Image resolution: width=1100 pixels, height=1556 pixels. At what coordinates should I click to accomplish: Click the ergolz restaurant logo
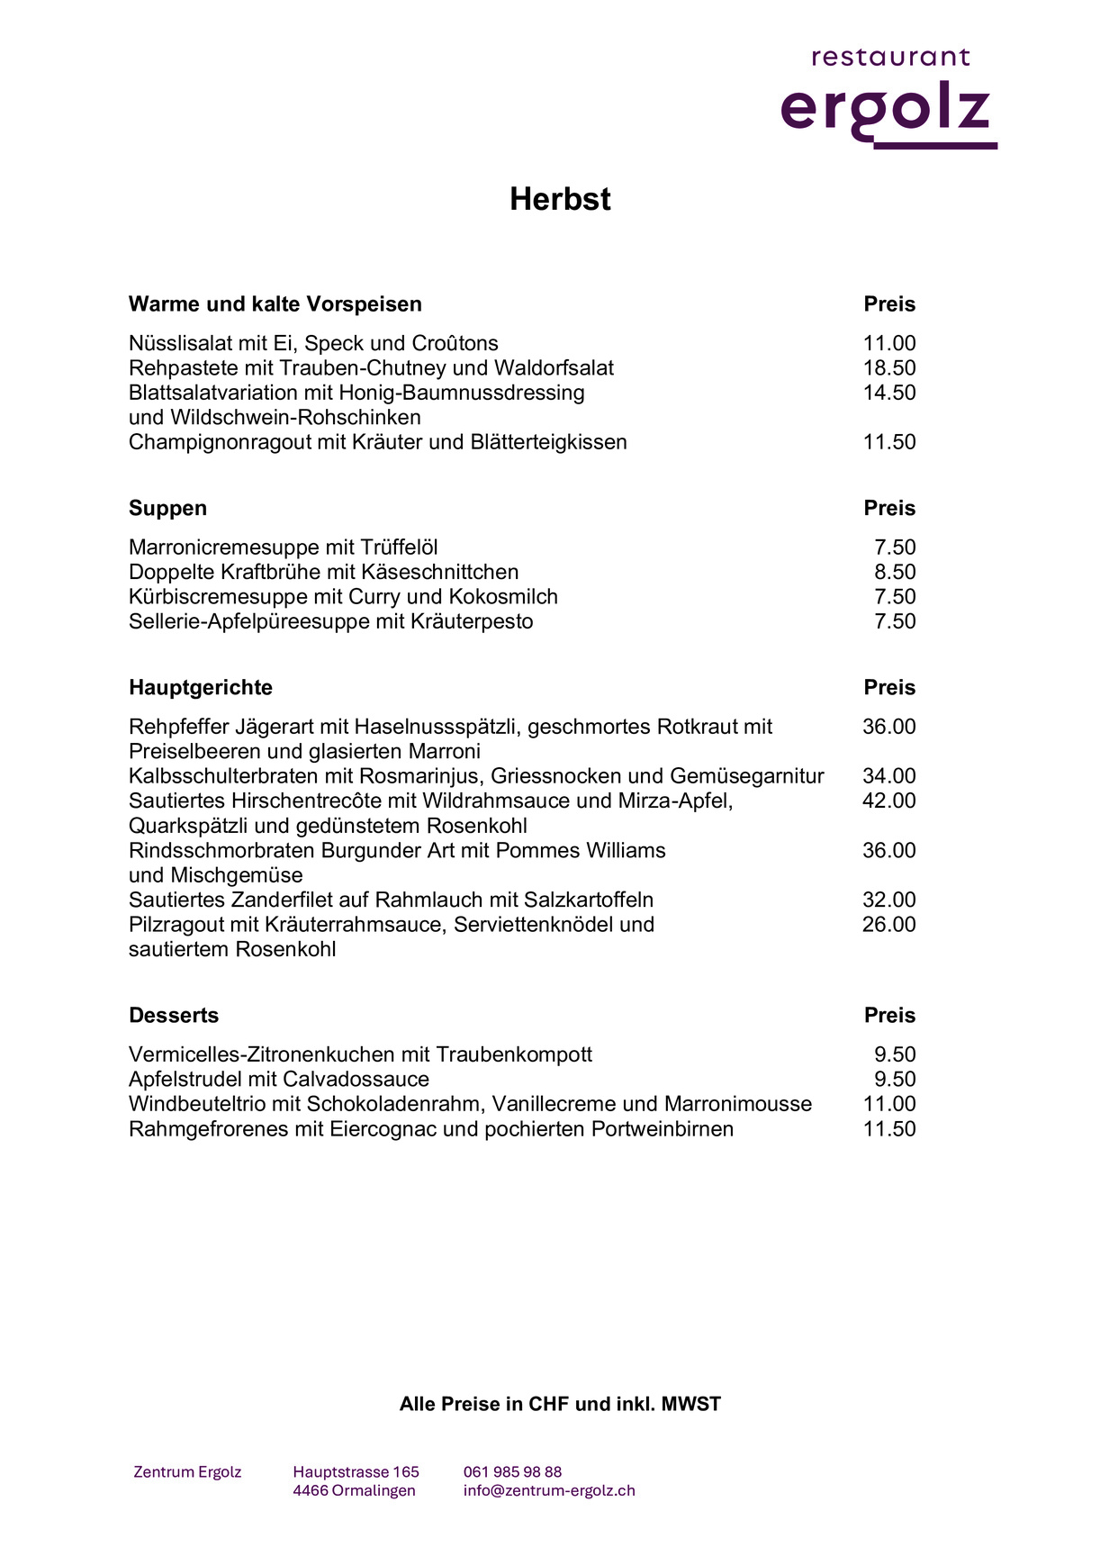point(888,99)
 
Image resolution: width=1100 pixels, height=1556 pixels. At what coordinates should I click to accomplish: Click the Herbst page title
point(560,199)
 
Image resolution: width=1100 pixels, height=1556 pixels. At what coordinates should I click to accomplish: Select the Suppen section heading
point(167,508)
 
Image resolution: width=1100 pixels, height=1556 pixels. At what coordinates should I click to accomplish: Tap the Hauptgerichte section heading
point(201,687)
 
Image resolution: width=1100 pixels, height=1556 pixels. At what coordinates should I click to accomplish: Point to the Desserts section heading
point(174,1015)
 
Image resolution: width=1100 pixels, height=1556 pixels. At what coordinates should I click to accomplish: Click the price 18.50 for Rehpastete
point(889,368)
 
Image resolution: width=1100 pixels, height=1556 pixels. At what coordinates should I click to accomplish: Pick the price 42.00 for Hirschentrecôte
point(889,801)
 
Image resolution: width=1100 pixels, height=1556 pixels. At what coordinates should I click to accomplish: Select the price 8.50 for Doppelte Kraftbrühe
point(895,572)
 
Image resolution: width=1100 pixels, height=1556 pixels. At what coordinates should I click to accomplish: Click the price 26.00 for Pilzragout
point(889,924)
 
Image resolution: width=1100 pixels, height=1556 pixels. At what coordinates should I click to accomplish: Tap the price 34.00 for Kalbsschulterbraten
point(889,776)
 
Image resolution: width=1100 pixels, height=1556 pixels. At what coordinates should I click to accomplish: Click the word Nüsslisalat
point(180,343)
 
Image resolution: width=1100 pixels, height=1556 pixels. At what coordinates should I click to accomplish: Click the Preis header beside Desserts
point(889,1015)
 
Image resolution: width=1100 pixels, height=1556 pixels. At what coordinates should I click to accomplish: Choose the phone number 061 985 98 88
point(512,1472)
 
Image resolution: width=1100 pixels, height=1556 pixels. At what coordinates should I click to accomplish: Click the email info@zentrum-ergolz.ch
point(549,1490)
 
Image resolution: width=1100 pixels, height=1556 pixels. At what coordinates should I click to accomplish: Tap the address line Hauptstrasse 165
point(356,1472)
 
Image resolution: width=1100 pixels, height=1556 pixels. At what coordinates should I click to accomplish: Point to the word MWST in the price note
point(691,1404)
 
